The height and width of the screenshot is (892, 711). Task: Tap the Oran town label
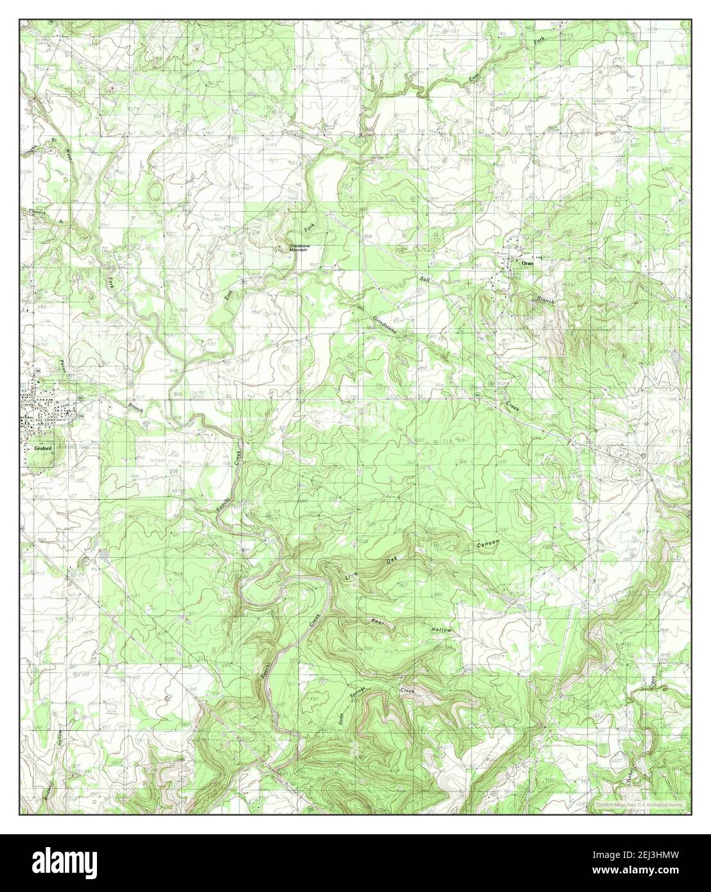coord(527,263)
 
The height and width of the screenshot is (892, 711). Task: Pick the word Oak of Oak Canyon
coord(391,560)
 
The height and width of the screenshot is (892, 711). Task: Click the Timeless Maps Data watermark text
coord(640,804)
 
